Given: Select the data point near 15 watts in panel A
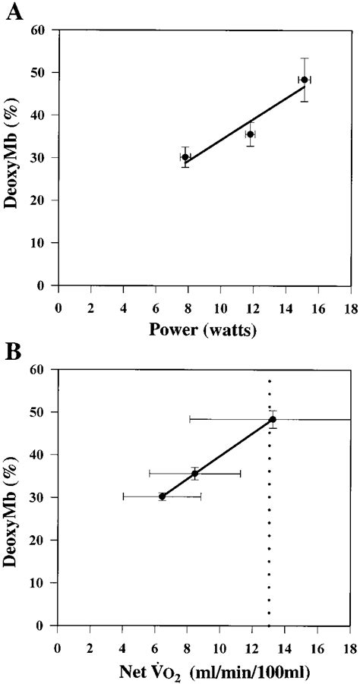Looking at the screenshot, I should tap(304, 80).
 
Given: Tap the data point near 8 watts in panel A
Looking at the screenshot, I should tap(185, 157).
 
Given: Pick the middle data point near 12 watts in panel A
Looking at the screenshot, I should tap(250, 134).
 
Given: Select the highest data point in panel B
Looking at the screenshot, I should tap(273, 419).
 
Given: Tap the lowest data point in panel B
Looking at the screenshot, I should tap(162, 496).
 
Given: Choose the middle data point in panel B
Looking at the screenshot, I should tap(194, 473).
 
